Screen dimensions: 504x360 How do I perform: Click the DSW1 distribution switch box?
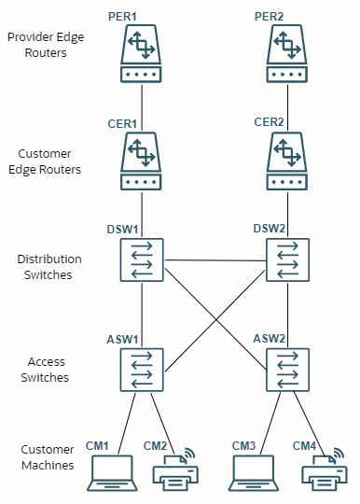pos(141,260)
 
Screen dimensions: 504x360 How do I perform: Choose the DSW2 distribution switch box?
pos(288,260)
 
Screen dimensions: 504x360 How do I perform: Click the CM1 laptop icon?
pos(112,472)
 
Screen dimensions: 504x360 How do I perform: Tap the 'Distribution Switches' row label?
pos(48,266)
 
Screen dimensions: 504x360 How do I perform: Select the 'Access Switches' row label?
pos(48,371)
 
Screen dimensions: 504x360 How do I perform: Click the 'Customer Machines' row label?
pos(48,456)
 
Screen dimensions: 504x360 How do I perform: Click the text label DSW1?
pos(124,229)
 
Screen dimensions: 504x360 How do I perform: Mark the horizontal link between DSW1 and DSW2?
pos(215,260)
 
